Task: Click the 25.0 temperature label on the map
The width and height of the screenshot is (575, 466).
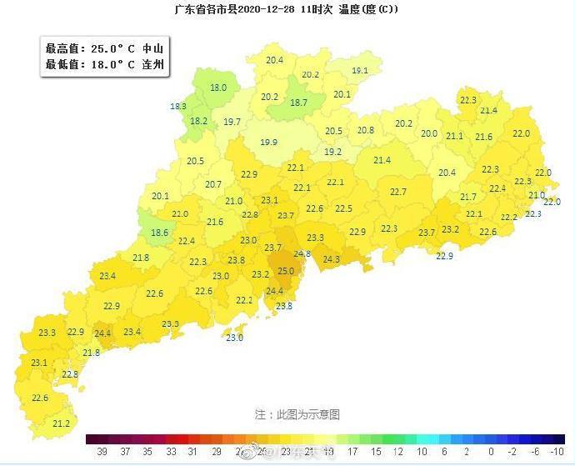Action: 286,271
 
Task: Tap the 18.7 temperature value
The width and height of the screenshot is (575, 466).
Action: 298,103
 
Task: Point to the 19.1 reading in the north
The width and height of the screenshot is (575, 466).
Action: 360,71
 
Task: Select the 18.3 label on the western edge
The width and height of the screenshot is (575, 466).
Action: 178,106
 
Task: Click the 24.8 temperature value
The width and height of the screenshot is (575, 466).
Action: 302,253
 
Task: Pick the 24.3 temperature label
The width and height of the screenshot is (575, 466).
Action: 332,259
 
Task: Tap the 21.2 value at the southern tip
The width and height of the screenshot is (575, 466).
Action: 61,423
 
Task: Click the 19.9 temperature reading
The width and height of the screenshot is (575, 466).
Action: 268,143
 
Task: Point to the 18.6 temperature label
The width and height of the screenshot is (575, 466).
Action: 159,233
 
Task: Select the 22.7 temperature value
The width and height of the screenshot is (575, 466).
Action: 398,192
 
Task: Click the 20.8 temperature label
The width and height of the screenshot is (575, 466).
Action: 366,130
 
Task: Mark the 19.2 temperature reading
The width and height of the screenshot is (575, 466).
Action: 332,152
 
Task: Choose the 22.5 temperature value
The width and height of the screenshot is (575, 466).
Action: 343,208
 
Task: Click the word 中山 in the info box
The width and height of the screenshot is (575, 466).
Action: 152,48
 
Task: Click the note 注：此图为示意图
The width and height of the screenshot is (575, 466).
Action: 297,413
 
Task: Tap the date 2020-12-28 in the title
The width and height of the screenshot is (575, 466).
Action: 272,9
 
